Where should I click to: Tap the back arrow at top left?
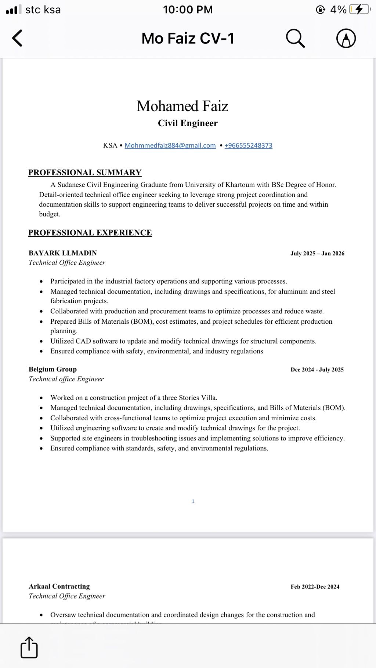tap(17, 38)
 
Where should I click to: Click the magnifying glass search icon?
tap(295, 38)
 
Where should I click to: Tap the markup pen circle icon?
tap(346, 38)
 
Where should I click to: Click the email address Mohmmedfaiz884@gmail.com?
tap(170, 145)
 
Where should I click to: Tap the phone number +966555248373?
tap(248, 145)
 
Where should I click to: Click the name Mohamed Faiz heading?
tap(182, 106)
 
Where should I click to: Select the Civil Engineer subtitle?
tap(188, 123)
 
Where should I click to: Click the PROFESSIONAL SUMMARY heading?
tap(85, 173)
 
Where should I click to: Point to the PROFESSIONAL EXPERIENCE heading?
tap(90, 233)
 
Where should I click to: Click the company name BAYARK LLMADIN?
tap(63, 253)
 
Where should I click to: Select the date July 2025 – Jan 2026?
tap(317, 254)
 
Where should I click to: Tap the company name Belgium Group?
tap(53, 369)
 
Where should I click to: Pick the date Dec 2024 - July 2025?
tap(317, 370)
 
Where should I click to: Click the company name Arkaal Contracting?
tap(59, 586)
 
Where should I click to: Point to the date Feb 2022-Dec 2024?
tap(315, 587)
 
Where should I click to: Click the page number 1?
tap(193, 501)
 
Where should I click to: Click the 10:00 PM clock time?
tap(188, 10)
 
